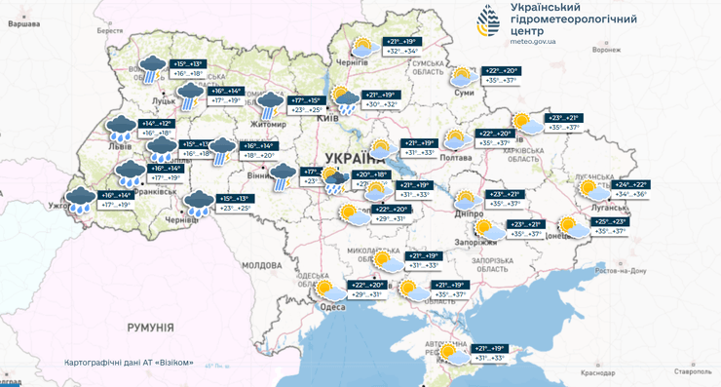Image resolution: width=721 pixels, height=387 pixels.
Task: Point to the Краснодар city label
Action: pos(595,371)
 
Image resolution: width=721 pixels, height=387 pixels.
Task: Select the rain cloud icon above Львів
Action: pos(121,127)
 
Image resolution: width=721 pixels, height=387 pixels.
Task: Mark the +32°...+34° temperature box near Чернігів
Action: pos(404,52)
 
